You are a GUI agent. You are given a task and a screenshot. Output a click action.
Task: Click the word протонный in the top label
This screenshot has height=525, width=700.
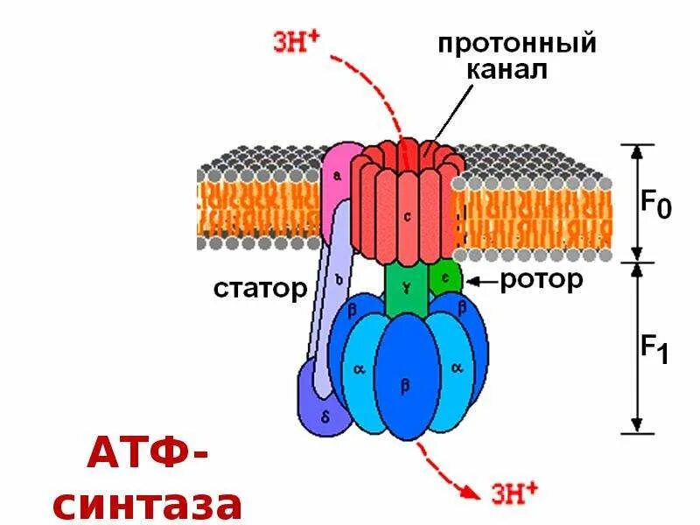(x=516, y=43)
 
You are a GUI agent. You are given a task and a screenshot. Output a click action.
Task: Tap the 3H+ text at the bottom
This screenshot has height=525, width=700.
(x=514, y=493)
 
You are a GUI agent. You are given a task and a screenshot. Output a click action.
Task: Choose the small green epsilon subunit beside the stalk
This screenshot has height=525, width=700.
(x=444, y=276)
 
